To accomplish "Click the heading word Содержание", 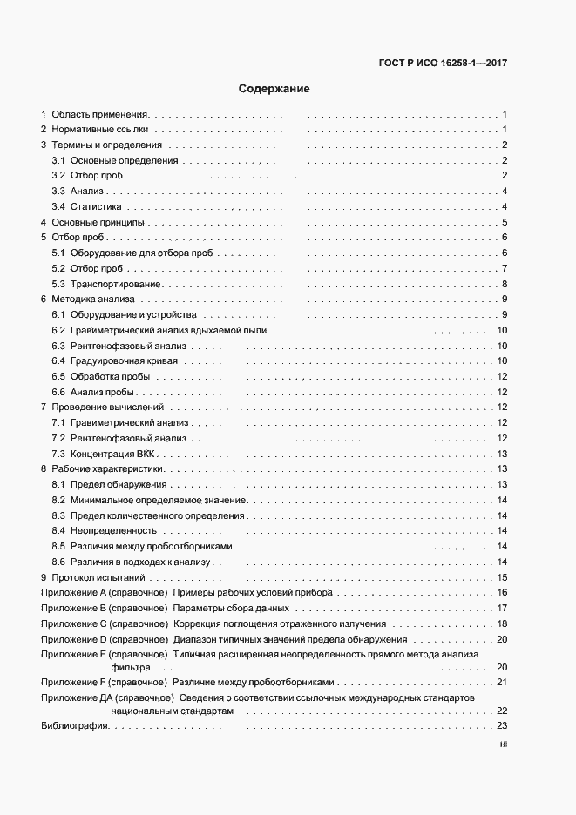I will click(274, 89).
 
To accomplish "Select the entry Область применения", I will click(101, 114).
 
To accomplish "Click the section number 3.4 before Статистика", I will click(58, 207).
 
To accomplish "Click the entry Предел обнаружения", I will click(119, 484).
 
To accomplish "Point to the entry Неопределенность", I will click(113, 531).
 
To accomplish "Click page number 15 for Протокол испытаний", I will click(502, 577).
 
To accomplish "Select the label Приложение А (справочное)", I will click(104, 593).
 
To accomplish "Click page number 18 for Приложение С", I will click(502, 623).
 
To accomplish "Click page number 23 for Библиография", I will click(502, 726).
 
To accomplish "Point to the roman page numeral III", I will click(503, 745).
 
